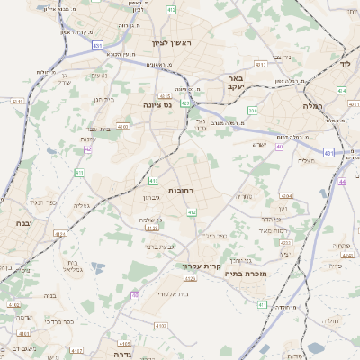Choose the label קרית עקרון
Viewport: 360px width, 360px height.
click(x=202, y=265)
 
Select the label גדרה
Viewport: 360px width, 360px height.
click(x=123, y=354)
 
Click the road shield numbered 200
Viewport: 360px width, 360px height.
click(x=253, y=110)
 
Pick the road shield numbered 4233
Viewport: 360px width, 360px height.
click(x=285, y=242)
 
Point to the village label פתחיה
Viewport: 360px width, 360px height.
click(x=340, y=245)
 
